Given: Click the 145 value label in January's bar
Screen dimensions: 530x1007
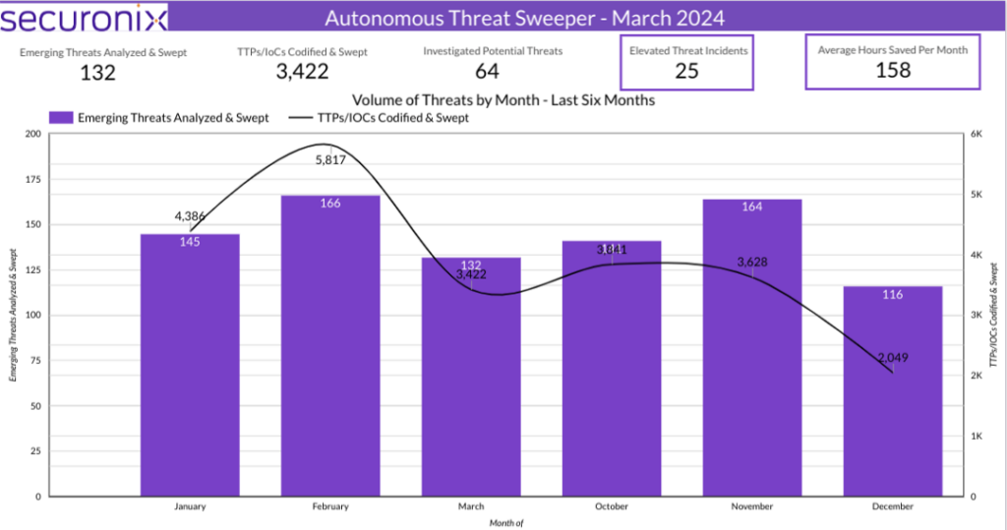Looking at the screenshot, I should click(x=190, y=242).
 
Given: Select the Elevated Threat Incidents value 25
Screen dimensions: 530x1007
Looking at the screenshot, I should click(x=687, y=71).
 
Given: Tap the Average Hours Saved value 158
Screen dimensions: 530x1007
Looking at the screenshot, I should click(x=892, y=71).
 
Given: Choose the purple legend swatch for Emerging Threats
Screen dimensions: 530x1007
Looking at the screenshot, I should click(x=61, y=118).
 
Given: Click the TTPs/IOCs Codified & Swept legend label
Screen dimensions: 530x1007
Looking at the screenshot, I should click(x=393, y=118).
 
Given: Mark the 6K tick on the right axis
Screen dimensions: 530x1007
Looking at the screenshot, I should click(x=979, y=134).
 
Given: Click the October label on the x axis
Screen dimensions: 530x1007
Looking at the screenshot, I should click(x=611, y=507).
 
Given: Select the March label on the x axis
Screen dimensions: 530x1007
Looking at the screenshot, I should click(x=470, y=507).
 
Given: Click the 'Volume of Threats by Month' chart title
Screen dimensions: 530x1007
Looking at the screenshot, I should click(x=503, y=99).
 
